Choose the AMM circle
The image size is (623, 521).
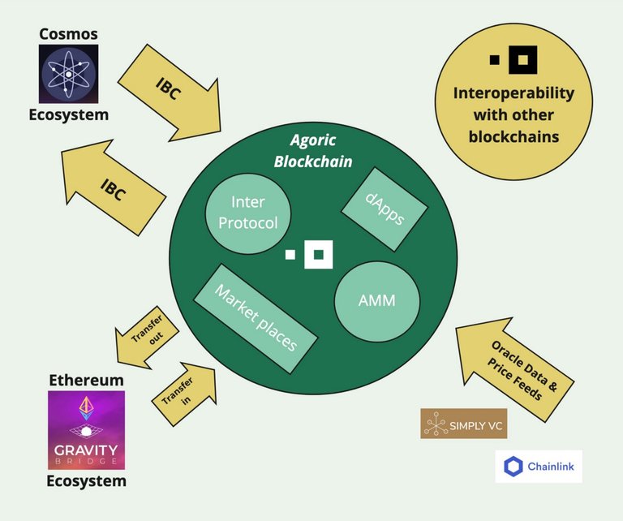[376, 300]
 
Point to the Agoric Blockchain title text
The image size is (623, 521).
[312, 151]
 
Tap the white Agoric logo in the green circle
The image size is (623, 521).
[312, 254]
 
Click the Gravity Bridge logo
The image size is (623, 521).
[86, 430]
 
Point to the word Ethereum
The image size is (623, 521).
[87, 380]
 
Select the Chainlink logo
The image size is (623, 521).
[539, 466]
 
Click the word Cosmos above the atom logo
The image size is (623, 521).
[68, 34]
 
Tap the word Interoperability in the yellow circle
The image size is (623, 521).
[513, 93]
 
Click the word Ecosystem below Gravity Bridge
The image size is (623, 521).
[87, 481]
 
